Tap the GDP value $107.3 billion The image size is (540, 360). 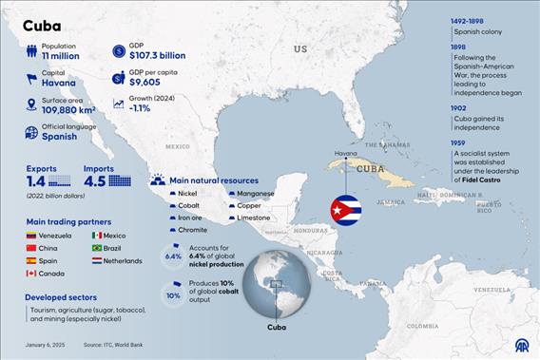click(x=156, y=55)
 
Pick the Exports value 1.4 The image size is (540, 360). click(x=36, y=180)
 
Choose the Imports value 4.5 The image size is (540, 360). click(x=94, y=180)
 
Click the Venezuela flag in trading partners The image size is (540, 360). click(x=31, y=235)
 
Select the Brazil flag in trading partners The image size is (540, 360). click(x=97, y=247)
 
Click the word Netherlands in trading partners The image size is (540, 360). click(x=123, y=259)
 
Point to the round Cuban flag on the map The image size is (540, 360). click(x=345, y=210)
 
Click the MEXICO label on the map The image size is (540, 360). click(x=178, y=146)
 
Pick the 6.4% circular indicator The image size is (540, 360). click(x=173, y=256)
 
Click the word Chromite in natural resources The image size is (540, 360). click(x=193, y=229)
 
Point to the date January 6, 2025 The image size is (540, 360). click(x=46, y=344)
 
